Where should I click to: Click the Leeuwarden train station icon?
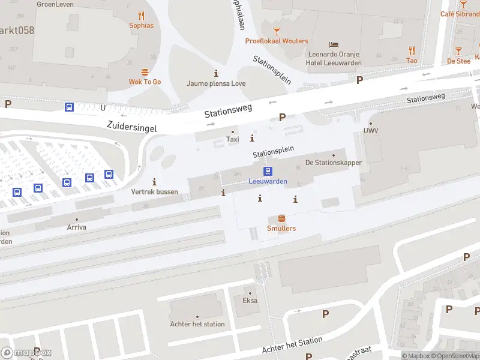click(x=268, y=171)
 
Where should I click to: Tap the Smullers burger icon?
click(x=281, y=218)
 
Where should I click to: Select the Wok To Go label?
click(x=145, y=82)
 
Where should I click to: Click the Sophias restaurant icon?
click(x=142, y=16)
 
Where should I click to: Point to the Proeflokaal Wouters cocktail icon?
click(x=277, y=31)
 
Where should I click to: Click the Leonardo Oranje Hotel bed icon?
click(x=334, y=45)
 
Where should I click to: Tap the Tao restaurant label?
click(x=412, y=61)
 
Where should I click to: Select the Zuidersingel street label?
click(x=131, y=127)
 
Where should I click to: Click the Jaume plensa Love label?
click(x=216, y=83)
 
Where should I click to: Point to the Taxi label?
click(x=232, y=139)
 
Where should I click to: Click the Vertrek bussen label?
click(x=155, y=192)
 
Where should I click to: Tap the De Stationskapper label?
click(x=334, y=163)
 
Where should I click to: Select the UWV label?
click(x=370, y=131)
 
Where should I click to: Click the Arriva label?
click(x=76, y=227)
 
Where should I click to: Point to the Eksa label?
click(x=250, y=301)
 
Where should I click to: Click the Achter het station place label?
click(x=197, y=324)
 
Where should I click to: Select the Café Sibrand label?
click(x=460, y=14)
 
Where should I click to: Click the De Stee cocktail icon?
click(x=458, y=52)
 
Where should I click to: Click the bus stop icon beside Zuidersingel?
click(x=70, y=107)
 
